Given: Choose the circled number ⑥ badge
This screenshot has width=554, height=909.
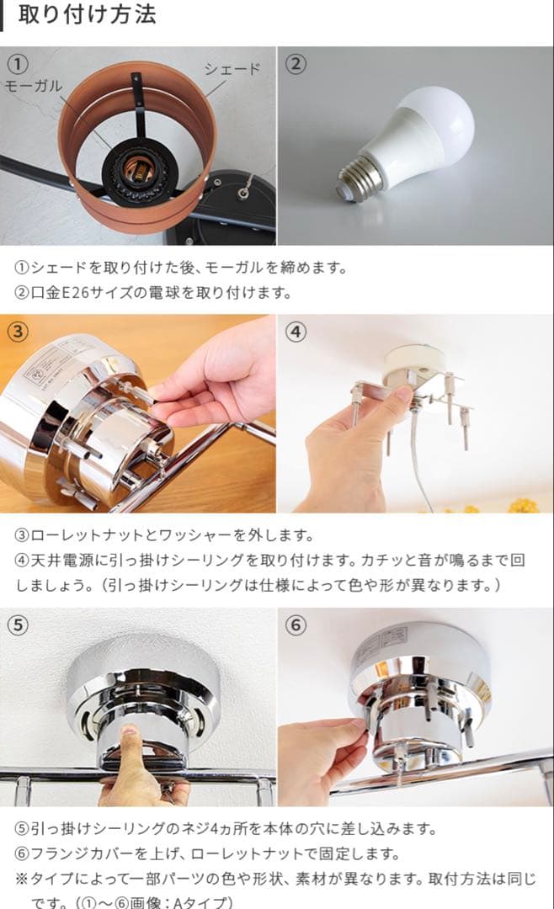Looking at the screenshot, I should coord(295,625).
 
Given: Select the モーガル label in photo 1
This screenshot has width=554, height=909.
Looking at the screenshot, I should coord(34,87).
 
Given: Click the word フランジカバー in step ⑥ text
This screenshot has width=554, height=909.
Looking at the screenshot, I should coord(83,853).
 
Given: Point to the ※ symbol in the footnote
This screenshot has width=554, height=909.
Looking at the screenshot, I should coord(22,879).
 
